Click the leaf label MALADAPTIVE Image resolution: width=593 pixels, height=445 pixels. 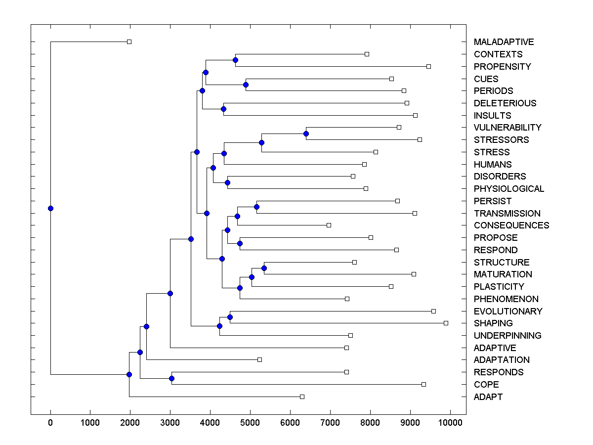click(x=504, y=42)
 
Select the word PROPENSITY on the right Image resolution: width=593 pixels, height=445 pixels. click(x=502, y=66)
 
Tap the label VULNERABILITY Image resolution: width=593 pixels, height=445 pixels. click(x=508, y=128)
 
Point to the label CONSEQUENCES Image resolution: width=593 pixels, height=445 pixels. click(x=511, y=225)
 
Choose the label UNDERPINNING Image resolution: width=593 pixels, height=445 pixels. click(x=508, y=335)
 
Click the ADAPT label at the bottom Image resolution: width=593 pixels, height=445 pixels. click(x=488, y=397)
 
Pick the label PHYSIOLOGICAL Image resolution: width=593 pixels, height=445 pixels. click(x=508, y=189)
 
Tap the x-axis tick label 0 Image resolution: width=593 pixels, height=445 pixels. click(x=50, y=423)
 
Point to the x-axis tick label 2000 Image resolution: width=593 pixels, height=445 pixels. click(x=130, y=423)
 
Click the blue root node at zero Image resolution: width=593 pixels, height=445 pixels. click(x=50, y=208)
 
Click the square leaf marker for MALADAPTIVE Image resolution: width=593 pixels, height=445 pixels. click(x=129, y=42)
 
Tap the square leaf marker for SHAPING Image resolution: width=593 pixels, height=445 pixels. click(x=446, y=323)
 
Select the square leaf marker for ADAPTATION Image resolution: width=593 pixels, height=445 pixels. click(x=259, y=359)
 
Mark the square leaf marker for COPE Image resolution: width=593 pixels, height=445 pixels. click(x=424, y=384)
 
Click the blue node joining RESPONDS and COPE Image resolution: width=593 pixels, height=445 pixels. click(x=171, y=378)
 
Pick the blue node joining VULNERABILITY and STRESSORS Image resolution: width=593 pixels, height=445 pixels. click(x=306, y=133)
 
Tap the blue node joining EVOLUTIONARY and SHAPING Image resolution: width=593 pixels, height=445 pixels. click(x=230, y=317)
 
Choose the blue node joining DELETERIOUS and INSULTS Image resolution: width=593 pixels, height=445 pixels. click(x=223, y=109)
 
